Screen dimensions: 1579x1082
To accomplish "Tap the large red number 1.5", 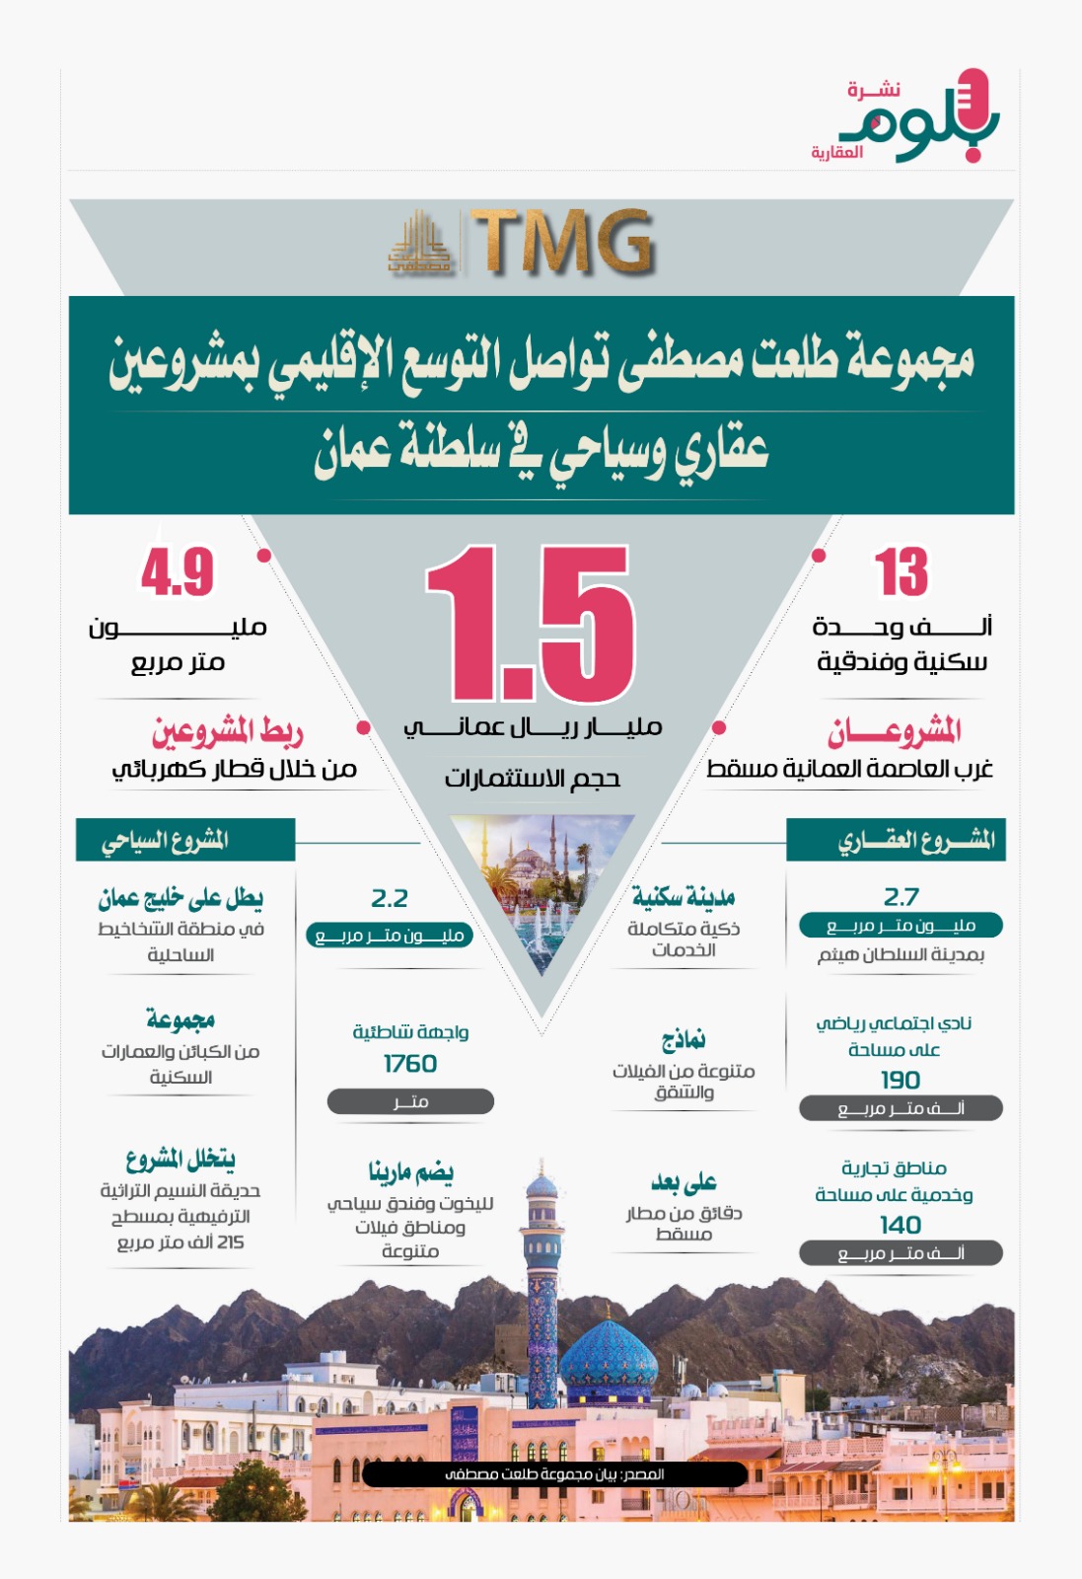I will click(x=531, y=624).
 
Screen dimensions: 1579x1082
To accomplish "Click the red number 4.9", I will click(x=178, y=572).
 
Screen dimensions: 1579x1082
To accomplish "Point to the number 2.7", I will click(x=901, y=897).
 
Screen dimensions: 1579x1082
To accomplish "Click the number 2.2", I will click(x=390, y=899).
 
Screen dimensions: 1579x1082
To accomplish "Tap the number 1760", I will click(x=410, y=1064).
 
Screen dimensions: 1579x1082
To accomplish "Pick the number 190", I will click(x=901, y=1081).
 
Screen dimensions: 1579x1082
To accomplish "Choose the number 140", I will click(x=901, y=1226).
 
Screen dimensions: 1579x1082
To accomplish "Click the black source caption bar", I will click(x=554, y=1474).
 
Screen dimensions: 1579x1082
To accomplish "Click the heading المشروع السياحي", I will click(x=166, y=841).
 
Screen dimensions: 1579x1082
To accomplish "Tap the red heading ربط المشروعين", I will click(x=227, y=732).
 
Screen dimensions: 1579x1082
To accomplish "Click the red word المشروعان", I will click(x=895, y=732).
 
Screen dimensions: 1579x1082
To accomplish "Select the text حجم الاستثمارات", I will click(x=533, y=779).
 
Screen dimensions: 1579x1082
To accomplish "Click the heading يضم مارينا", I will click(x=410, y=1172).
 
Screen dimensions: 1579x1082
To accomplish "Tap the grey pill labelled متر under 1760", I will click(x=410, y=1101).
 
